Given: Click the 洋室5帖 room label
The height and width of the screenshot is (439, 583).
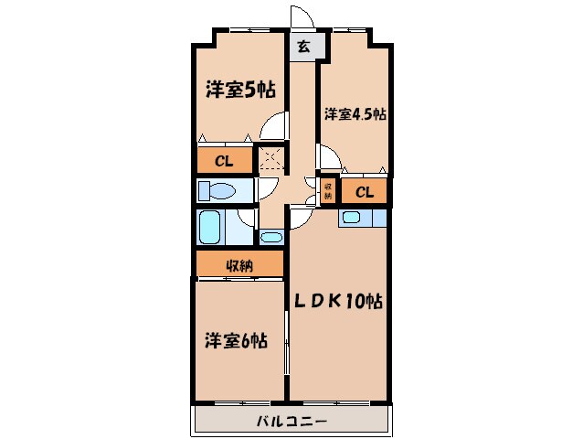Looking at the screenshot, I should (239, 90).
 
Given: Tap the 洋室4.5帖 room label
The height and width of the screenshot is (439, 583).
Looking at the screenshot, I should (354, 114).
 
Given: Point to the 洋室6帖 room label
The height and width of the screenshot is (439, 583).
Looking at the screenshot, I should (236, 340).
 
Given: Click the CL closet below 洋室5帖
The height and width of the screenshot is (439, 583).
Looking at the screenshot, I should (224, 162).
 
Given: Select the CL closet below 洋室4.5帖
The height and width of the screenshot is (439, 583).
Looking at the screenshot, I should (364, 192).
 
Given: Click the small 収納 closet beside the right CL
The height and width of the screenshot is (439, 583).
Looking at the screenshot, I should (327, 190).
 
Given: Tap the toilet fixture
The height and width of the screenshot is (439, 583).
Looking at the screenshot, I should (217, 192).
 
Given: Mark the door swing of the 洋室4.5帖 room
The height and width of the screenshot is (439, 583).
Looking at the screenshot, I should (331, 157).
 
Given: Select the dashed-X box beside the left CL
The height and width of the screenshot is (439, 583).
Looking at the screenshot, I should (270, 159).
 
